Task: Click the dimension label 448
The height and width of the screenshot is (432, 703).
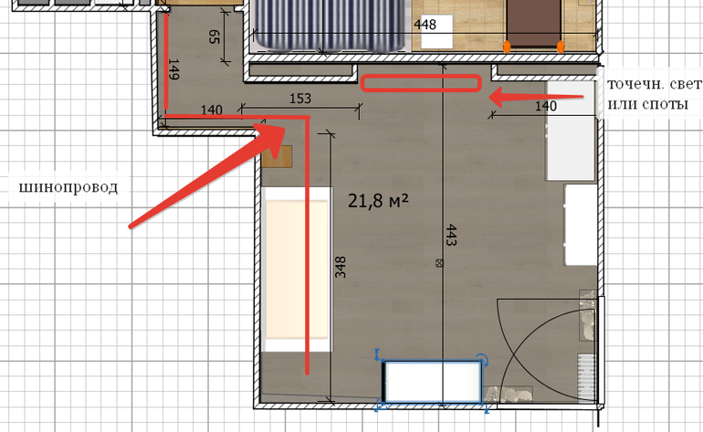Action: [425, 25]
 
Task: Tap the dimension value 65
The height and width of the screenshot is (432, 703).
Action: [215, 37]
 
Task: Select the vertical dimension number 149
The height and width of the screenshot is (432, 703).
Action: [173, 69]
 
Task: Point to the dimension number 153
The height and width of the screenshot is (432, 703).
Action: [300, 99]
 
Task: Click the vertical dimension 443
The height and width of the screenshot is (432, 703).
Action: [451, 235]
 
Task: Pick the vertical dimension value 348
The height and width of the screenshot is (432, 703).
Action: [341, 267]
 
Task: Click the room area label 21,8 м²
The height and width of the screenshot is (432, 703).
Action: [378, 201]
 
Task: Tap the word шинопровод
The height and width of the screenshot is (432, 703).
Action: [68, 186]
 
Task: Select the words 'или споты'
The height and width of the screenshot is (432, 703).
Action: [647, 103]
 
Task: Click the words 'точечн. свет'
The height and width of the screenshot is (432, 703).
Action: [654, 84]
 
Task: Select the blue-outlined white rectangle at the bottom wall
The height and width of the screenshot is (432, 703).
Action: [432, 382]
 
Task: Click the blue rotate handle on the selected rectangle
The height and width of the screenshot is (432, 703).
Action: [482, 359]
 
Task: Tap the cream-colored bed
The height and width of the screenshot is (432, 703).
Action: [298, 269]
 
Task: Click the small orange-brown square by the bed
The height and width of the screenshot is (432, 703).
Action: [277, 156]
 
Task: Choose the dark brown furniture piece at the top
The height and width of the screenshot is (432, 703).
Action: [533, 24]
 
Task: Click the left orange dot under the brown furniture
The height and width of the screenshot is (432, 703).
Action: [507, 47]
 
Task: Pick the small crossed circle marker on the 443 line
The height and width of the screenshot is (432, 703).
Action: [439, 263]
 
